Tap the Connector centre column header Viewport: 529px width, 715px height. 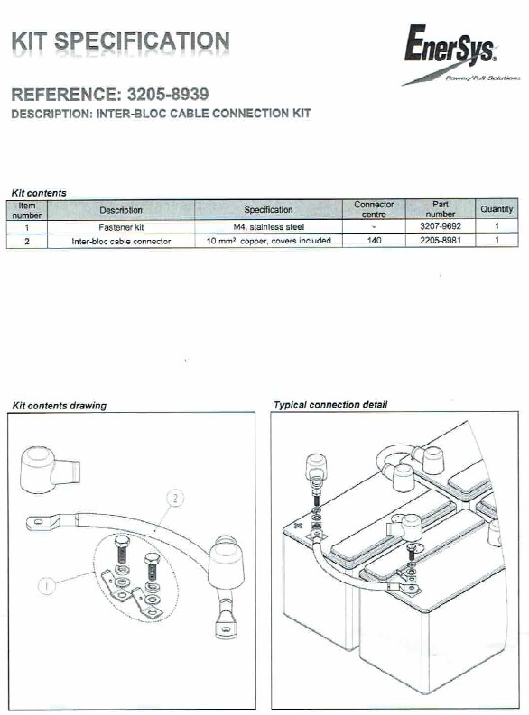click(374, 209)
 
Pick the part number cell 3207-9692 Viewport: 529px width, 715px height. click(440, 228)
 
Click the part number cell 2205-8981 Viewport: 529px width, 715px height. click(440, 242)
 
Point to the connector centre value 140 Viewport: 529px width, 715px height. click(374, 242)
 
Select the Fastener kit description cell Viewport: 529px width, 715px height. click(121, 228)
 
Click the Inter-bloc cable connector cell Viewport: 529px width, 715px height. click(121, 242)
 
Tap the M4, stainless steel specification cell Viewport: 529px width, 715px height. click(268, 228)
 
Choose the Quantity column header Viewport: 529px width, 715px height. click(497, 209)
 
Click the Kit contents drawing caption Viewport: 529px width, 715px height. click(59, 406)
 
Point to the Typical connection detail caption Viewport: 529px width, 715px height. click(330, 405)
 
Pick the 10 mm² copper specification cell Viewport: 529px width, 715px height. click(268, 242)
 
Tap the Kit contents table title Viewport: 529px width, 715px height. click(38, 193)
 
